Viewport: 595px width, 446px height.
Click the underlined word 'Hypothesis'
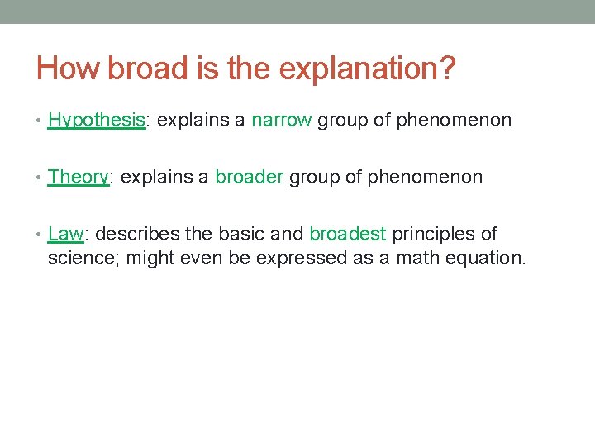click(x=96, y=121)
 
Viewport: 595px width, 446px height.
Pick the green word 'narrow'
click(x=281, y=121)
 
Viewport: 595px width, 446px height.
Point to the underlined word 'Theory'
click(x=79, y=177)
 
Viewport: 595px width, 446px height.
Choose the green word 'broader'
click(x=249, y=177)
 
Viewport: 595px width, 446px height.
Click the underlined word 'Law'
click(x=65, y=234)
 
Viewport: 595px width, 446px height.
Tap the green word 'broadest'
click(x=347, y=234)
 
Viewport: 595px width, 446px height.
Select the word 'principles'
click(x=435, y=234)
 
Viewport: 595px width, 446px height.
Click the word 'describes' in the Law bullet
click(x=135, y=234)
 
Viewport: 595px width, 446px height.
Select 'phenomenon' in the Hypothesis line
click(x=454, y=121)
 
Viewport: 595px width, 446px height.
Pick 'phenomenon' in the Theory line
click(x=425, y=177)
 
